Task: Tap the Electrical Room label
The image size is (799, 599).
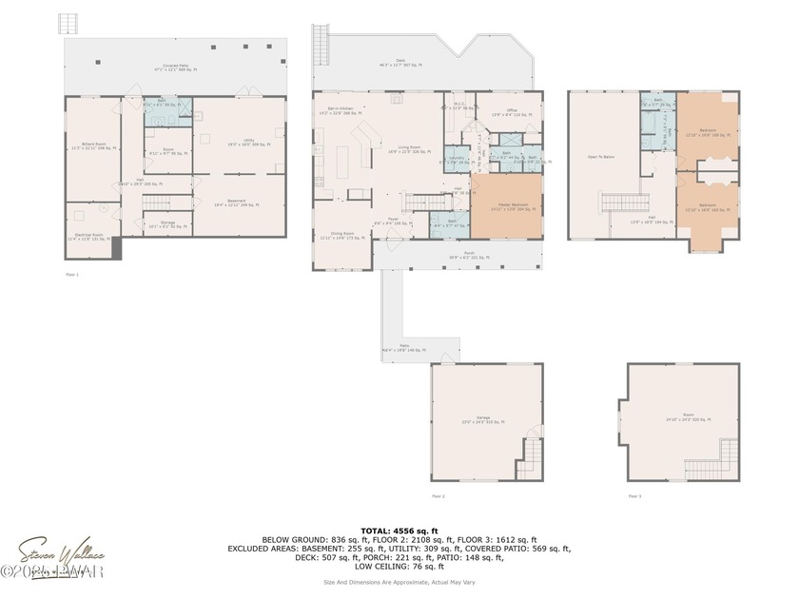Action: pos(88,237)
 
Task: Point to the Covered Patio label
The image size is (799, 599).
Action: pos(174,68)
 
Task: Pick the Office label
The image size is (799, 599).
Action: pos(512,112)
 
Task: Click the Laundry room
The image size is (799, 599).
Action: pos(457,160)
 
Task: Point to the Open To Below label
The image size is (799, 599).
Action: pos(599,157)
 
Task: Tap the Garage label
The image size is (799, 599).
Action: pos(483,420)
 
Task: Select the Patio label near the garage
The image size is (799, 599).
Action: pos(404,348)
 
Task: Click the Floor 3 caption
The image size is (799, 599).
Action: pos(633,496)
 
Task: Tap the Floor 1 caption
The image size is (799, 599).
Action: pos(72,273)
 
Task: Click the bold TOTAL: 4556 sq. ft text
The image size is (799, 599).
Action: pos(399,530)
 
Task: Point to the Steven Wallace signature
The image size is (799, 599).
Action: pos(62,552)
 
